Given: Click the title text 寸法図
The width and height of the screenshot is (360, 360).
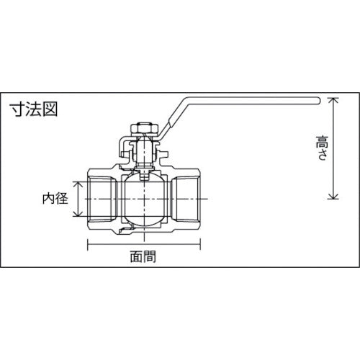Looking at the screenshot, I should click(x=33, y=109).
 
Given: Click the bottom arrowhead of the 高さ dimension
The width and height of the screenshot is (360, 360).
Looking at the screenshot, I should click(x=332, y=199).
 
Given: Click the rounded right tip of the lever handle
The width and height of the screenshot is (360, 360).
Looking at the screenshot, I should click(x=316, y=100).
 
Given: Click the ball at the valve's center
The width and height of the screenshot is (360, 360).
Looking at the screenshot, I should click(x=145, y=198).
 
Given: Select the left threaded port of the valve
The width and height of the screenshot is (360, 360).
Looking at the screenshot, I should click(x=101, y=198).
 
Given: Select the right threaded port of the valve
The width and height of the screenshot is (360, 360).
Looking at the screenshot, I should click(x=189, y=198).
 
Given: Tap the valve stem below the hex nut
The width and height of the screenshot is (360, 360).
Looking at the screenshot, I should click(x=145, y=153).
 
